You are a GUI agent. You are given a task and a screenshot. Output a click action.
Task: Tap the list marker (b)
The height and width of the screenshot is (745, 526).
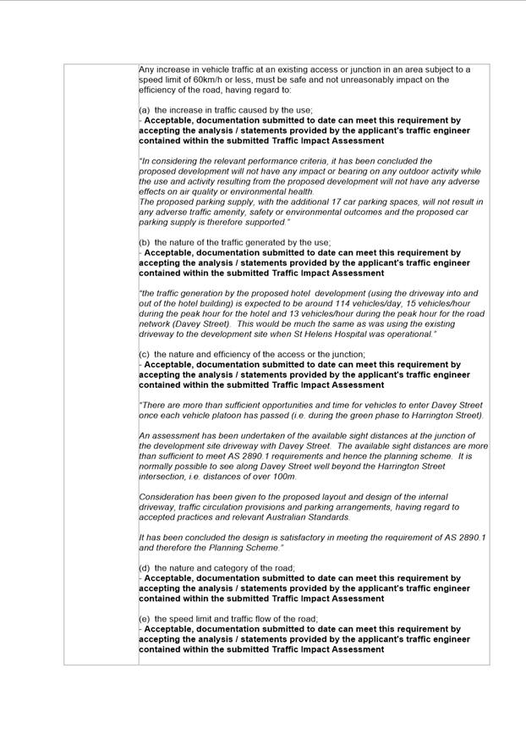tap(145, 242)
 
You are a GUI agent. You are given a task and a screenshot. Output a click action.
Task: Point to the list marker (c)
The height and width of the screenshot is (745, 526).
tap(145, 354)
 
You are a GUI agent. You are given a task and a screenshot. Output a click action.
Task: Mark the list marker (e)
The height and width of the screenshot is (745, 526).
tap(145, 619)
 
